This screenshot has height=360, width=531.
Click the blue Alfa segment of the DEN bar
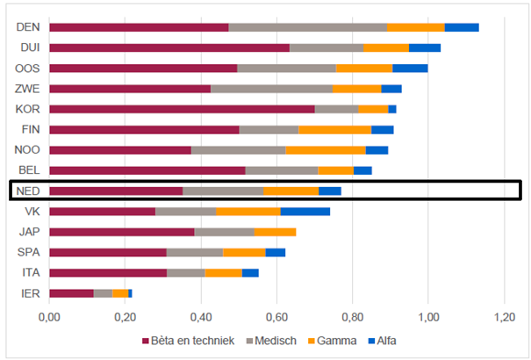462,27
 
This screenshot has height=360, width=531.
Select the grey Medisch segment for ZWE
272,89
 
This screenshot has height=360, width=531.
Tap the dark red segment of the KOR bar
182,109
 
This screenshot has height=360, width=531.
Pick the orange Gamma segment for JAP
275,232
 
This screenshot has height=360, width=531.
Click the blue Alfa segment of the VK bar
305,211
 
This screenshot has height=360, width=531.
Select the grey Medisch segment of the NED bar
223,191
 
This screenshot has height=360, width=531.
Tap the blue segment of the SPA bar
276,252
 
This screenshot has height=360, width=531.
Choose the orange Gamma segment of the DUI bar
386,47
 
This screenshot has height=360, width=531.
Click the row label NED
28,191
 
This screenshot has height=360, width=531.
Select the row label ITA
30,272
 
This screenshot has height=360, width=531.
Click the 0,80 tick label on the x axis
352,316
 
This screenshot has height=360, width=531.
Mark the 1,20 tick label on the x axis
504,316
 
